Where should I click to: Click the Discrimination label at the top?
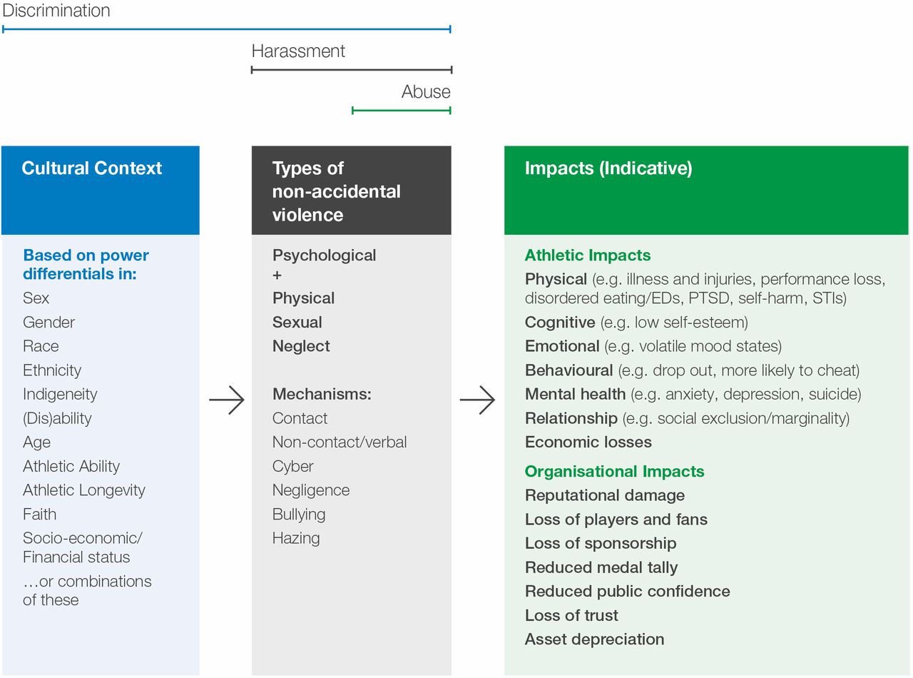pos(56,10)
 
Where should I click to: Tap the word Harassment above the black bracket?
pos(298,51)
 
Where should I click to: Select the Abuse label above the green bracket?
pos(426,91)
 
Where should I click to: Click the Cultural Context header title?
pos(91,168)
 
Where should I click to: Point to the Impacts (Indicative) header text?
pos(608,168)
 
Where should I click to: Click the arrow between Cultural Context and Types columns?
pos(226,400)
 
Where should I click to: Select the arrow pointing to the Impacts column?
pos(477,400)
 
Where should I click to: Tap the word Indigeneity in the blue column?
pos(60,394)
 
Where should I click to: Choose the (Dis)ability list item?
pos(57,418)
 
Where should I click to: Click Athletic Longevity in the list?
pos(84,490)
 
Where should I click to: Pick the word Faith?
pos(39,514)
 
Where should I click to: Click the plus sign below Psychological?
pos(277,275)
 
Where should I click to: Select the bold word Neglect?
pos(301,346)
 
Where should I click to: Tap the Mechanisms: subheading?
pos(322,394)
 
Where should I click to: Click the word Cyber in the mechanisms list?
pos(292,466)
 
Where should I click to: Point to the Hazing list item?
pos(296,538)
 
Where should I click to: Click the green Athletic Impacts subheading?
pos(588,255)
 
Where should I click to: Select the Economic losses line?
pos(588,442)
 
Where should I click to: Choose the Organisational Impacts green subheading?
pos(614,471)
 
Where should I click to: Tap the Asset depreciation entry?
pos(594,639)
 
